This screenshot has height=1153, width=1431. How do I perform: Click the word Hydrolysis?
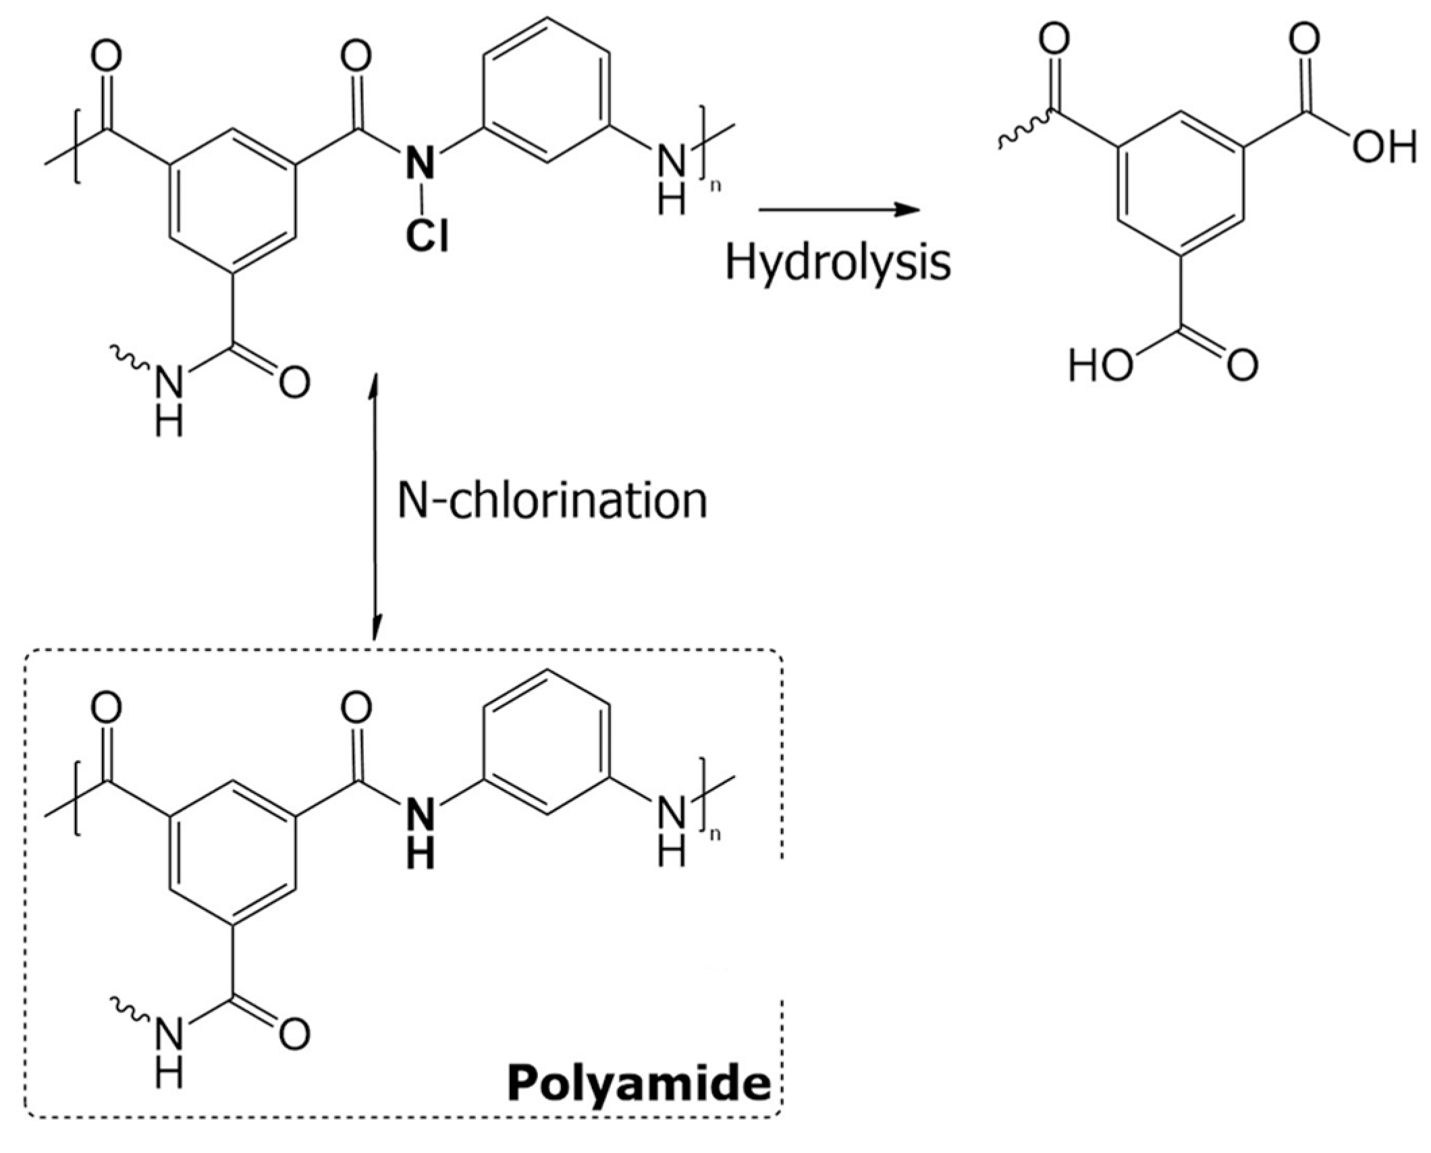click(x=838, y=264)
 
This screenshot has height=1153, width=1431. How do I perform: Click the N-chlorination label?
click(x=552, y=502)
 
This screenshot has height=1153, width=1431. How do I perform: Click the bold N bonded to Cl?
click(x=423, y=165)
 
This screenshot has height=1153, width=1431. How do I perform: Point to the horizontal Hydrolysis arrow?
click(x=839, y=210)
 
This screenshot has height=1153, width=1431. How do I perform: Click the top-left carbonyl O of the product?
click(x=1054, y=40)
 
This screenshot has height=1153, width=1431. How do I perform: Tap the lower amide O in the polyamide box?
click(x=294, y=1033)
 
